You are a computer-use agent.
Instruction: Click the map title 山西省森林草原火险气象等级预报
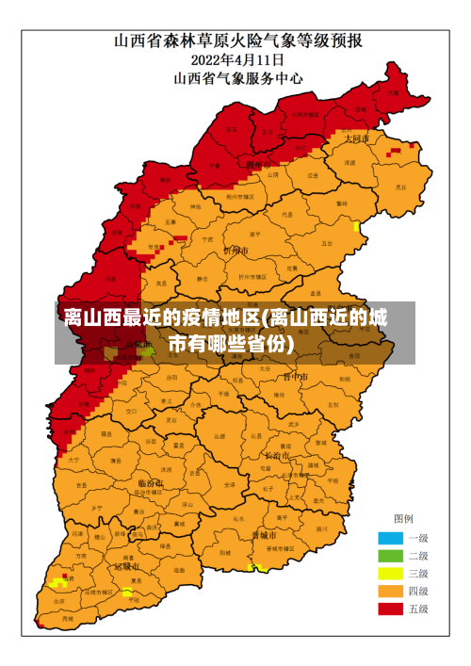click(x=239, y=41)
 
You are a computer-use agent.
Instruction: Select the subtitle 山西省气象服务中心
click(x=239, y=79)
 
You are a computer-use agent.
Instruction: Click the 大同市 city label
click(x=356, y=138)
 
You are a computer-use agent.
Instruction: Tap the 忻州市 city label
click(x=235, y=252)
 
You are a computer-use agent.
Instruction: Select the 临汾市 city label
click(x=150, y=482)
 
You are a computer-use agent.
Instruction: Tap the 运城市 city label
click(x=128, y=567)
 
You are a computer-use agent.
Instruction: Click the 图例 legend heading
click(x=403, y=518)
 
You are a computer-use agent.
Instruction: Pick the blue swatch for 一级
click(x=390, y=538)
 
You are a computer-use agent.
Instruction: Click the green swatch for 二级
click(x=390, y=556)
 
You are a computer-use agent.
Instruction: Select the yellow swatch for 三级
click(x=390, y=574)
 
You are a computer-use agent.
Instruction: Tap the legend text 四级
click(x=417, y=592)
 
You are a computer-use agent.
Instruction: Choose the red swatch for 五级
click(x=390, y=609)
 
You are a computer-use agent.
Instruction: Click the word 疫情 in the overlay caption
click(x=188, y=317)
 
